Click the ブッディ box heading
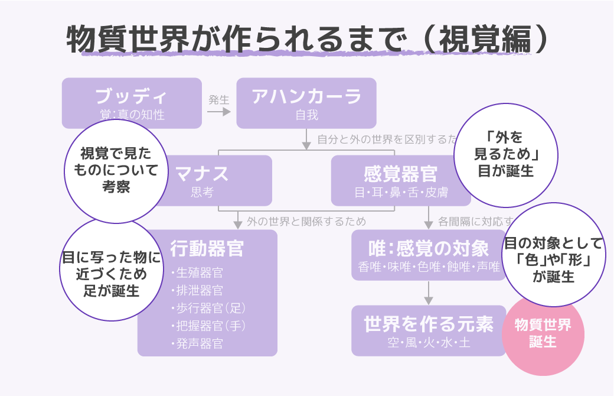[131, 96]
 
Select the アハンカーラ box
[306, 103]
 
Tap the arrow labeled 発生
[218, 111]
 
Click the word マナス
[202, 174]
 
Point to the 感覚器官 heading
[400, 174]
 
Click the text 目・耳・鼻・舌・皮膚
[400, 193]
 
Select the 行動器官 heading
[207, 248]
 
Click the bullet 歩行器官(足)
[210, 308]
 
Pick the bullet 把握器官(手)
[210, 326]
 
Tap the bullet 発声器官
[200, 343]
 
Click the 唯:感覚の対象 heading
[429, 248]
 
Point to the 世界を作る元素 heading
[429, 324]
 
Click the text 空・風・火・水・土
[429, 342]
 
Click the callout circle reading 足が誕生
[111, 270]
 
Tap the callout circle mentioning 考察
[116, 171]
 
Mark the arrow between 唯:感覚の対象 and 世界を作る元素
[429, 293]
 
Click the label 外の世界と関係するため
[306, 222]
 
